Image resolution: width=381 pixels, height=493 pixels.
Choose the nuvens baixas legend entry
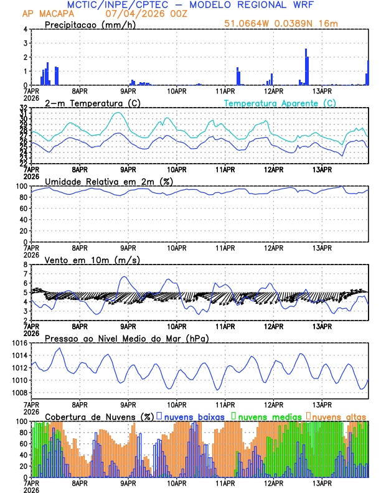pyautogui.click(x=194, y=416)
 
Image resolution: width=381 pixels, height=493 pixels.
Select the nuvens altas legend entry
pyautogui.click(x=339, y=416)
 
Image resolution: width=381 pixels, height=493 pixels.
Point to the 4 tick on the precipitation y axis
pyautogui.click(x=25, y=29)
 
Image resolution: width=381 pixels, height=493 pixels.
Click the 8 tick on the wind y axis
pyautogui.click(x=25, y=265)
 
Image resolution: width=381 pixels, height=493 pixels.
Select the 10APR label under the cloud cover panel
pyautogui.click(x=176, y=483)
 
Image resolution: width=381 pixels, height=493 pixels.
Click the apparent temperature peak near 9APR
pyautogui.click(x=118, y=113)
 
